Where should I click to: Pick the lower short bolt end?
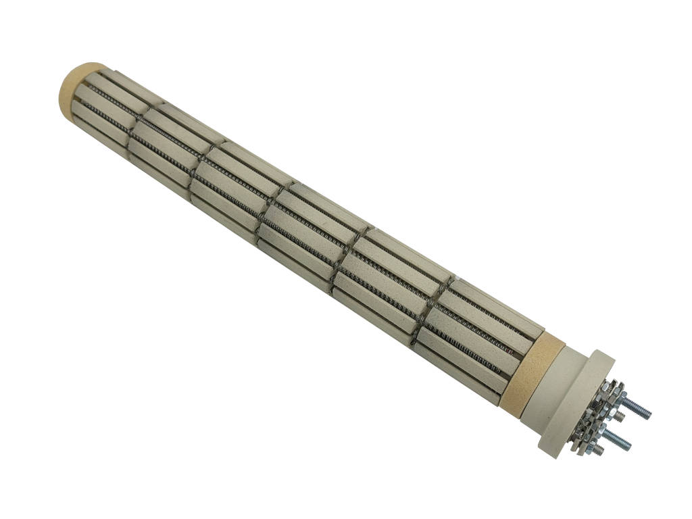pos(598,449)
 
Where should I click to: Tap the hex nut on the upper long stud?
pos(618,399)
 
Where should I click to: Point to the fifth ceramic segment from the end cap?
pos(385,277)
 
